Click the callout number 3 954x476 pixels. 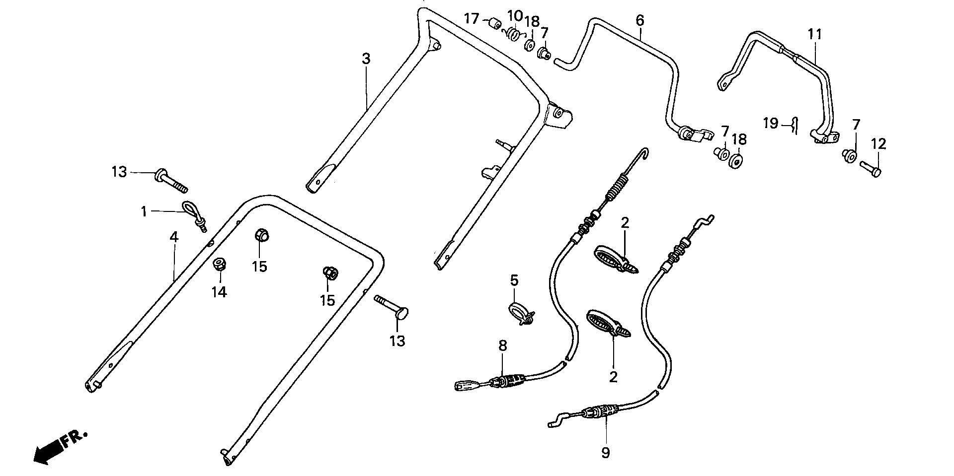[366, 59]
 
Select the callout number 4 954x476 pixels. [173, 237]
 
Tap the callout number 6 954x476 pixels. [639, 20]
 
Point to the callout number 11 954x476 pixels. [815, 34]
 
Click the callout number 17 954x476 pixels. [471, 19]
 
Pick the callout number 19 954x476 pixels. [770, 123]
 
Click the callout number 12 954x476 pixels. [878, 144]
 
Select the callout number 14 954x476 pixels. [219, 292]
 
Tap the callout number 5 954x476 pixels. [514, 280]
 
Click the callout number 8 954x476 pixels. [503, 346]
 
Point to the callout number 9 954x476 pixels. [605, 452]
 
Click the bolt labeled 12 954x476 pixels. [870, 169]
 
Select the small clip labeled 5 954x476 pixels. [521, 315]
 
